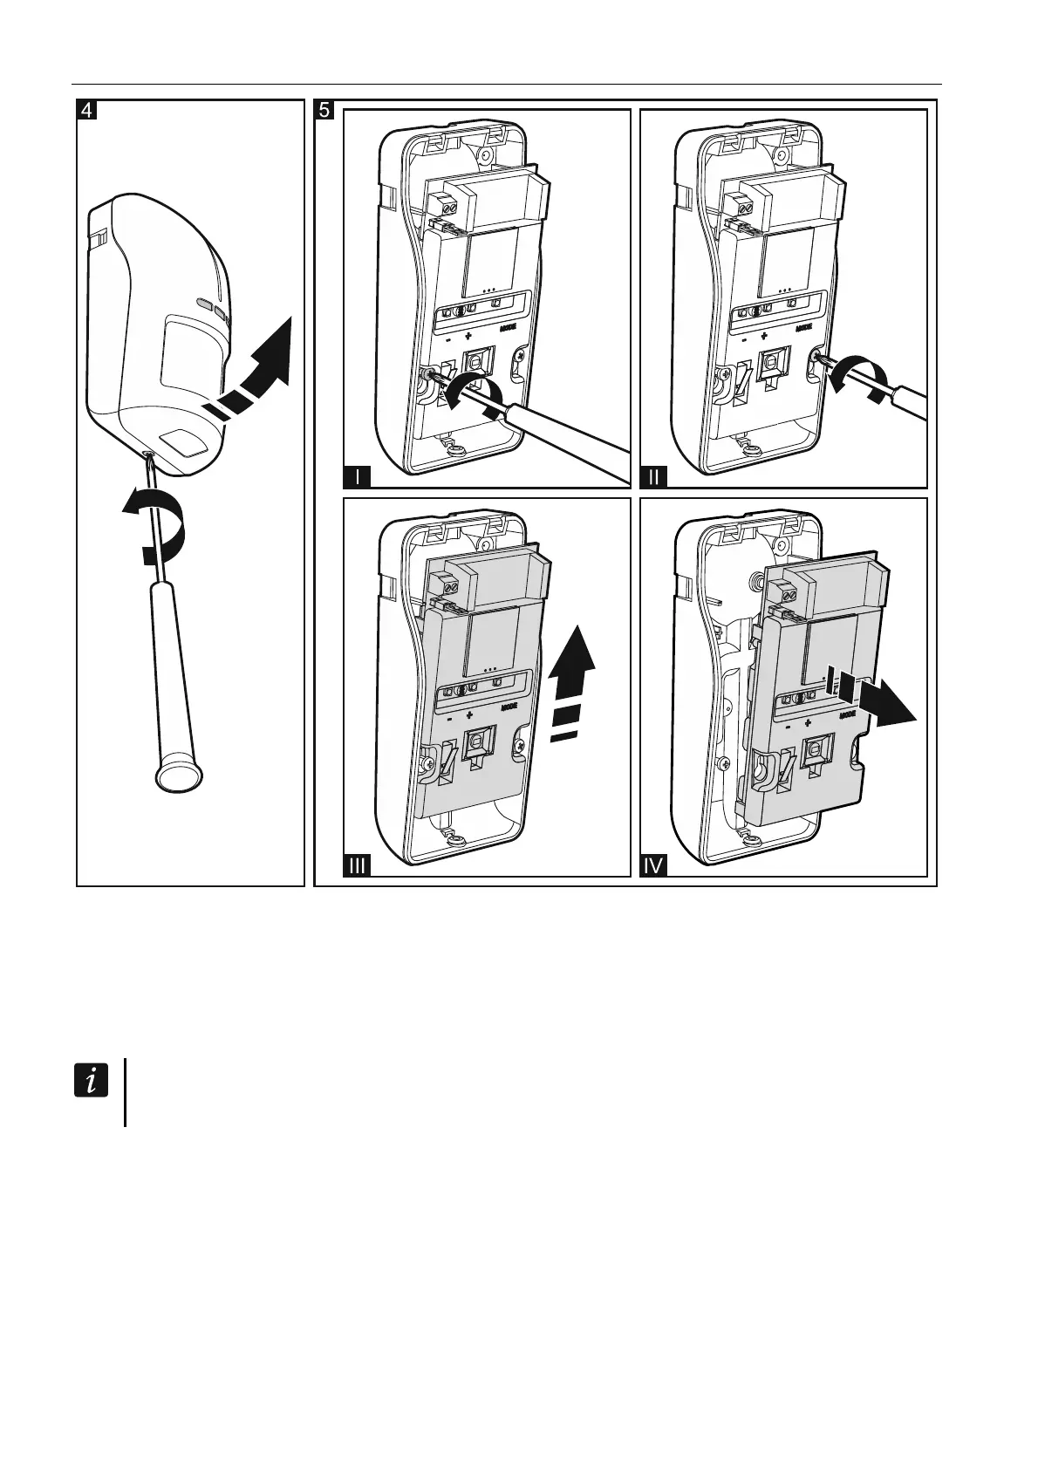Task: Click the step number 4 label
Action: pos(87,111)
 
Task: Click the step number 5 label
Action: pos(324,111)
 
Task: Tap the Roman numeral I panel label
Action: pos(358,476)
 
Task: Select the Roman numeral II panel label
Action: pos(654,476)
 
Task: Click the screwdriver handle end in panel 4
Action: pos(178,775)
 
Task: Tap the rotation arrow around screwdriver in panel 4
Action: pos(157,527)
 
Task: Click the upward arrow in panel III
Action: pos(572,684)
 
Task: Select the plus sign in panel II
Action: pos(765,335)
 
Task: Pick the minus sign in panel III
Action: pos(447,721)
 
